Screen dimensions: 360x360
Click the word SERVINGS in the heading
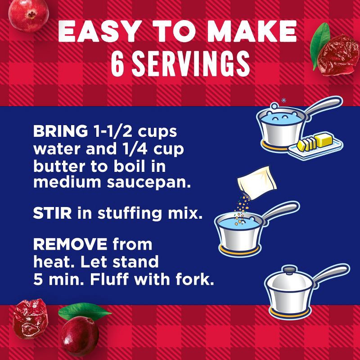(191, 64)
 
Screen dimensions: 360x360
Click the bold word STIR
(52, 212)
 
